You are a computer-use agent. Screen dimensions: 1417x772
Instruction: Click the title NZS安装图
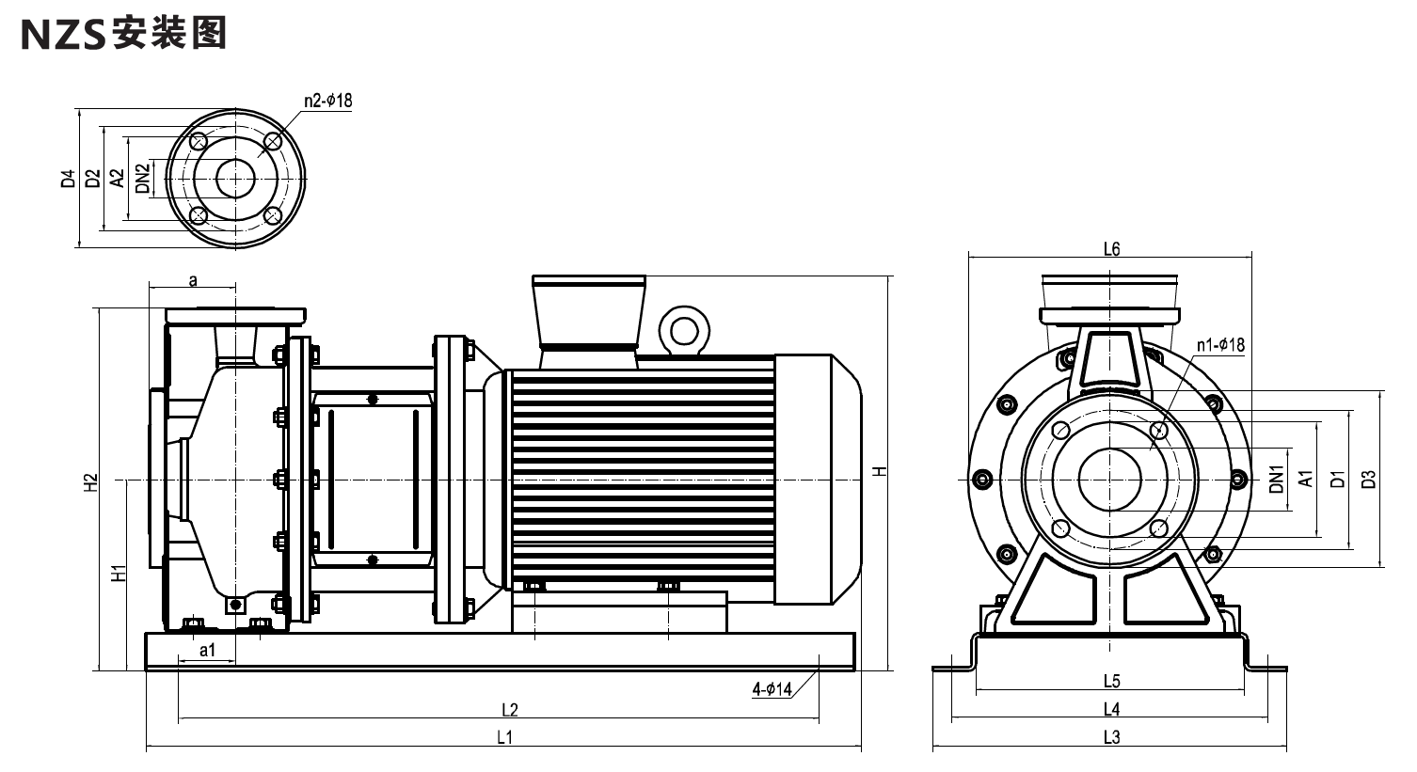click(x=124, y=34)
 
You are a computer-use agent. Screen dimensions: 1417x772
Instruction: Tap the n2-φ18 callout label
click(x=327, y=101)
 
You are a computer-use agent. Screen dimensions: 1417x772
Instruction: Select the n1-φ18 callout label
click(x=1220, y=344)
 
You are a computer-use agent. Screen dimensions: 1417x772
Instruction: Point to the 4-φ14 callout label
click(x=772, y=688)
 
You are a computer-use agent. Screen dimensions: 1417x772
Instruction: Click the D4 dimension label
click(x=69, y=179)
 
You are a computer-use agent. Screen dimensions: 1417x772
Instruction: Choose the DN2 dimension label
click(x=143, y=179)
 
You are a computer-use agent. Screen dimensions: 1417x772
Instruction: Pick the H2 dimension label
click(x=92, y=482)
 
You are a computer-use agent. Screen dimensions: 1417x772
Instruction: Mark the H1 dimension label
click(x=119, y=573)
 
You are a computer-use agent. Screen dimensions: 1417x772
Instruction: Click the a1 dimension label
click(x=208, y=650)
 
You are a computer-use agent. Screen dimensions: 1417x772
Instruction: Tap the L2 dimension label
click(x=510, y=710)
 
